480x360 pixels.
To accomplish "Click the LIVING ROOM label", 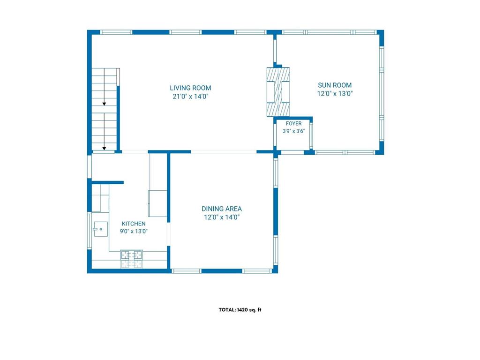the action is [190, 88].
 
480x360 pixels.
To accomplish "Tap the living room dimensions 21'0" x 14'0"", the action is [190, 97].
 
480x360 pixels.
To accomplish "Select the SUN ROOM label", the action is [335, 85].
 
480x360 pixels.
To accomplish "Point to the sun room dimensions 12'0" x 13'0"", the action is [335, 94].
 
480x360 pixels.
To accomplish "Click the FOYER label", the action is [293, 123].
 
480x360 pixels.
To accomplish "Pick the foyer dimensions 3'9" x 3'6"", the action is [293, 131].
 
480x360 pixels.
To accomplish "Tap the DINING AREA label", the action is [222, 209].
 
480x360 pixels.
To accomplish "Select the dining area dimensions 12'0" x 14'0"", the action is [222, 217].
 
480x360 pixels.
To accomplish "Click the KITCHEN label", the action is [134, 224].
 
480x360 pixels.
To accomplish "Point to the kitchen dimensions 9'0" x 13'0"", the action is [134, 231].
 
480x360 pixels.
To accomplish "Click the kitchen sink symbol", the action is [100, 229].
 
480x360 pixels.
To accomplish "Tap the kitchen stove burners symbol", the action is [132, 255].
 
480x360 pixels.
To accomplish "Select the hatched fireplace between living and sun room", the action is [278, 92].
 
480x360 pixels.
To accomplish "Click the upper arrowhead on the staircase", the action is [104, 104].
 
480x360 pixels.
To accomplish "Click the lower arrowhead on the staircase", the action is [104, 149].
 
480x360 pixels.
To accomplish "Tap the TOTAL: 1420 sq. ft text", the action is [240, 310].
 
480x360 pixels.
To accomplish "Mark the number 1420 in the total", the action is [242, 310].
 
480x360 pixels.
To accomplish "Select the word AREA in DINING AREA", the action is [233, 209].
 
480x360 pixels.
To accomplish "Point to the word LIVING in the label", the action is [180, 88].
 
